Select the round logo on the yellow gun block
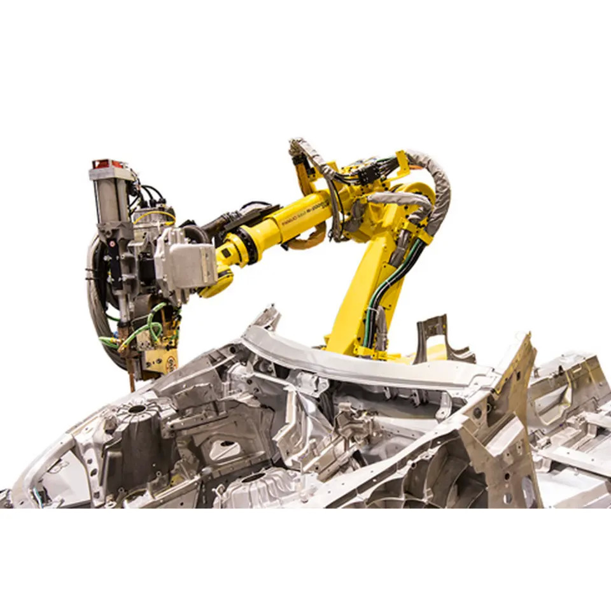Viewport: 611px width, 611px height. click(x=170, y=365)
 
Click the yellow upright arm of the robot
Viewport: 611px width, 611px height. click(x=356, y=293)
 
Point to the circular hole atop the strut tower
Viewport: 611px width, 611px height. click(x=137, y=408)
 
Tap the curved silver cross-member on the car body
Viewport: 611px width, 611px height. click(x=356, y=363)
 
